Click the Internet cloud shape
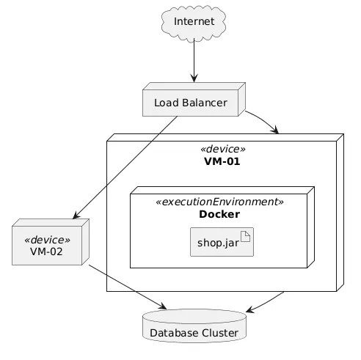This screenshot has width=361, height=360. [194, 23]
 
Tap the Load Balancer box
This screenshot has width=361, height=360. [194, 100]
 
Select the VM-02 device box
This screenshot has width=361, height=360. [51, 242]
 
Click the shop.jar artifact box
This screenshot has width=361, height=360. [222, 242]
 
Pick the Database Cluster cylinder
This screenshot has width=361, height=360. [194, 326]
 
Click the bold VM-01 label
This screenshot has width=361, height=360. [222, 161]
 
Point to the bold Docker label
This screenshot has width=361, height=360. [219, 214]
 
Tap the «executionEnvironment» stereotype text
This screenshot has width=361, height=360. [219, 202]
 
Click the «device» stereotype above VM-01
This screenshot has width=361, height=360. [222, 149]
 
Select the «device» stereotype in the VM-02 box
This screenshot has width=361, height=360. [47, 240]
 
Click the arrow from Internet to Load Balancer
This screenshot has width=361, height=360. [194, 60]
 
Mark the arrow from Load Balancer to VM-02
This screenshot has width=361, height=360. [125, 167]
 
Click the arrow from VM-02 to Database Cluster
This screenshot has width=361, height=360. [128, 287]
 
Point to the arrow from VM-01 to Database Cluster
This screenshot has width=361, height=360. [266, 303]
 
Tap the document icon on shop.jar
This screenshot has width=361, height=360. [246, 236]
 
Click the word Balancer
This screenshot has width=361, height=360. [205, 103]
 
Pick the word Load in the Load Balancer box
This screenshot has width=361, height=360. [167, 103]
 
